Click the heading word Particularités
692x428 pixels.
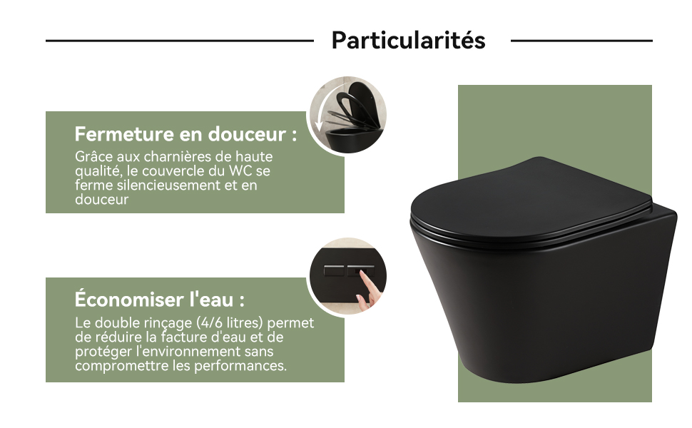point(408,40)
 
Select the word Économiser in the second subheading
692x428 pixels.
point(129,299)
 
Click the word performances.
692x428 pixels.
point(240,366)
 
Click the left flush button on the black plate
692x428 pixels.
point(334,270)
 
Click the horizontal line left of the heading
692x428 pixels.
point(180,41)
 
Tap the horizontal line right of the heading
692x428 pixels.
point(581,41)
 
